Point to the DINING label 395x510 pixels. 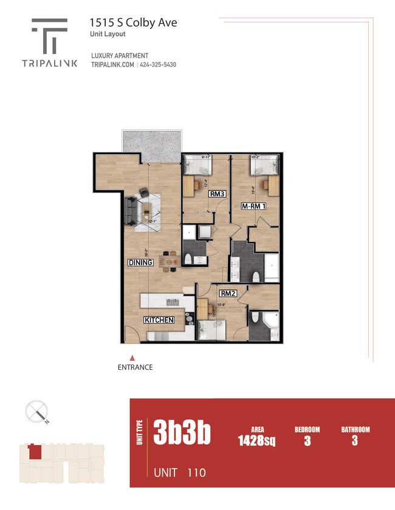click(140, 263)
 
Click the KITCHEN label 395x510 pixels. click(159, 320)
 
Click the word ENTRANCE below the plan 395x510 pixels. click(135, 367)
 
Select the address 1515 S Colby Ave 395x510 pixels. click(134, 22)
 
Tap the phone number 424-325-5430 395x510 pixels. click(157, 65)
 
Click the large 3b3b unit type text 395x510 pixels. click(182, 433)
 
